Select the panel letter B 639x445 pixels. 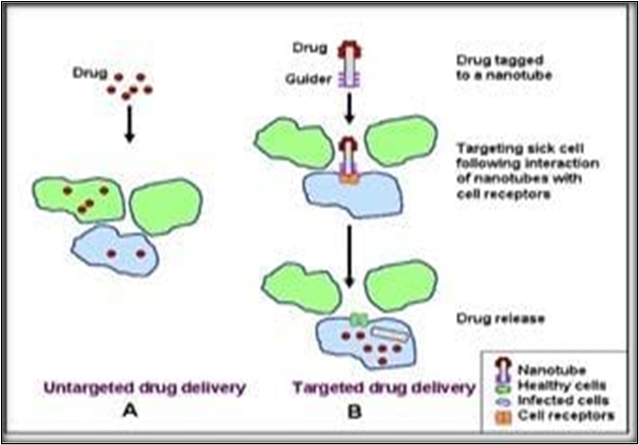[x=355, y=412]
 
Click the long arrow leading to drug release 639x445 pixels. [x=349, y=250]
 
